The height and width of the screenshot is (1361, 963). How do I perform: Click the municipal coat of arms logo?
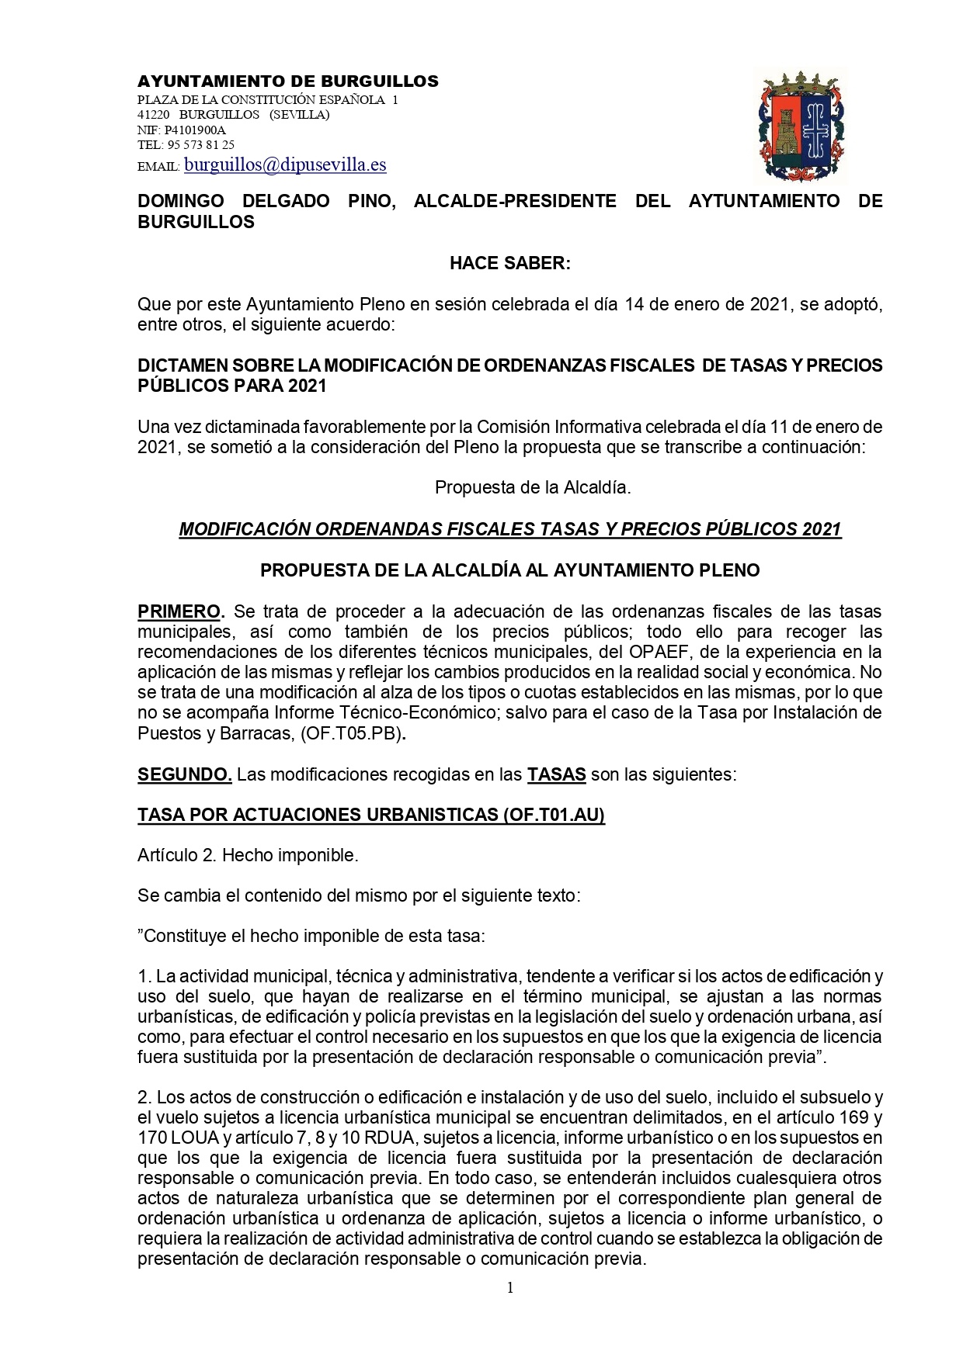pyautogui.click(x=799, y=125)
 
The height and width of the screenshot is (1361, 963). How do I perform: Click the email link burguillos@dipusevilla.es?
pyautogui.click(x=284, y=164)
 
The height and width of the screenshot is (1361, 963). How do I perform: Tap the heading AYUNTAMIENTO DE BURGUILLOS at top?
pyautogui.click(x=287, y=81)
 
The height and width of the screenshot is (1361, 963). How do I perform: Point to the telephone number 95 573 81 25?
pyautogui.click(x=200, y=144)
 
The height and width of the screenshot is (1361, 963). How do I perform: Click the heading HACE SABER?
pyautogui.click(x=510, y=263)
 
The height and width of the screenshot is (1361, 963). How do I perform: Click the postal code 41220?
pyautogui.click(x=153, y=115)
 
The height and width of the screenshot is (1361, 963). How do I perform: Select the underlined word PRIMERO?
pyautogui.click(x=179, y=611)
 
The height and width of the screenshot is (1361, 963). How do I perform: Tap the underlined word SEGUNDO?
pyautogui.click(x=184, y=774)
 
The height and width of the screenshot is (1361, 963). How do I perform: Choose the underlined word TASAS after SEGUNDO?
pyautogui.click(x=556, y=774)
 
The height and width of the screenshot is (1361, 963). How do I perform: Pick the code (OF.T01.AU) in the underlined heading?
pyautogui.click(x=554, y=814)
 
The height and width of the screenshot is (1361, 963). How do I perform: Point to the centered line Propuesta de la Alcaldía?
pyautogui.click(x=533, y=487)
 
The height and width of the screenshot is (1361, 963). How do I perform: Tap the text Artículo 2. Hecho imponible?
pyautogui.click(x=248, y=855)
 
